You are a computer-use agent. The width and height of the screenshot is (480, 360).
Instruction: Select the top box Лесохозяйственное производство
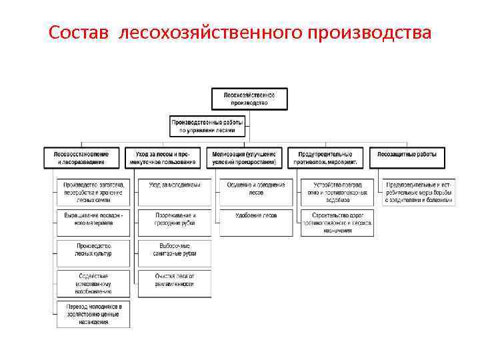[x=249, y=99]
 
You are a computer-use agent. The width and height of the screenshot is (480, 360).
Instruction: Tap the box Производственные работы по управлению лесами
[x=208, y=126]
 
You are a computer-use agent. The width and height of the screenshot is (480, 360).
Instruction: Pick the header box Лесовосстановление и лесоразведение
[x=81, y=157]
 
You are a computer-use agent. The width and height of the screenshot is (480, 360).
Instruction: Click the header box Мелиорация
[x=247, y=157]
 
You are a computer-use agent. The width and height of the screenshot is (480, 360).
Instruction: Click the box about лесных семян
[x=93, y=191]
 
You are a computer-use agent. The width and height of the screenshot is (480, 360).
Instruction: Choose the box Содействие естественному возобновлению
[x=93, y=283]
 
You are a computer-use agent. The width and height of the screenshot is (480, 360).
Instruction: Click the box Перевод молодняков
[x=93, y=313]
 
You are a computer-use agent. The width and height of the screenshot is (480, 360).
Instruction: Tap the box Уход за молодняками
[x=175, y=185]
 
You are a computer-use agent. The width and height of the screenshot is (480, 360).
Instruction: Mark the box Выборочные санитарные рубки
[x=175, y=250]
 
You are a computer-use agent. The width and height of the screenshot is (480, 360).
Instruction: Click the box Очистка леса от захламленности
[x=175, y=280]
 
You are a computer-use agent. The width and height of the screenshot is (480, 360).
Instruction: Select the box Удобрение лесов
[x=256, y=216]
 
